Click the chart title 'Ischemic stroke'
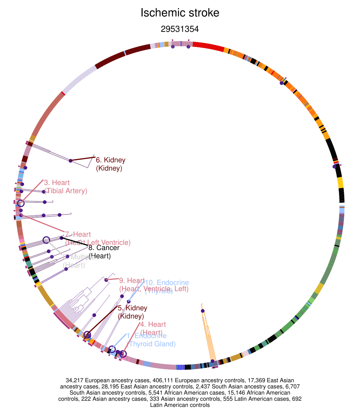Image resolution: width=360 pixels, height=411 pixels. [180, 13]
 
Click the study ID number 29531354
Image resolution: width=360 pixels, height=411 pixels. [180, 29]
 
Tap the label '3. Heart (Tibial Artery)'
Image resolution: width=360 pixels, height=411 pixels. [65, 187]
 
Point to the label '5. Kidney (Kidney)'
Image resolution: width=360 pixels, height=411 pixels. [132, 312]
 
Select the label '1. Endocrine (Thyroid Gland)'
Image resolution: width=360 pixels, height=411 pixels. [151, 340]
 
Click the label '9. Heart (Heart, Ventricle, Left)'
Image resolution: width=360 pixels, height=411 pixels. [154, 285]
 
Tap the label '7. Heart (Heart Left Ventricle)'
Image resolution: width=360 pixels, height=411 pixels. [97, 239]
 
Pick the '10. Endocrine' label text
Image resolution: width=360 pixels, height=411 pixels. [167, 283]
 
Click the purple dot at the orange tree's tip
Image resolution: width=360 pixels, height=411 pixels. [203, 311]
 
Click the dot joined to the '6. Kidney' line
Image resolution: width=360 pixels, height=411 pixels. [71, 161]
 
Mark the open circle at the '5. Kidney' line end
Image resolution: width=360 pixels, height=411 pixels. [87, 335]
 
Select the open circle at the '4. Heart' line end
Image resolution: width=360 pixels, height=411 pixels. [123, 354]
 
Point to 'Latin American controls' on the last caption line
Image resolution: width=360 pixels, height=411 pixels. [180, 405]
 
